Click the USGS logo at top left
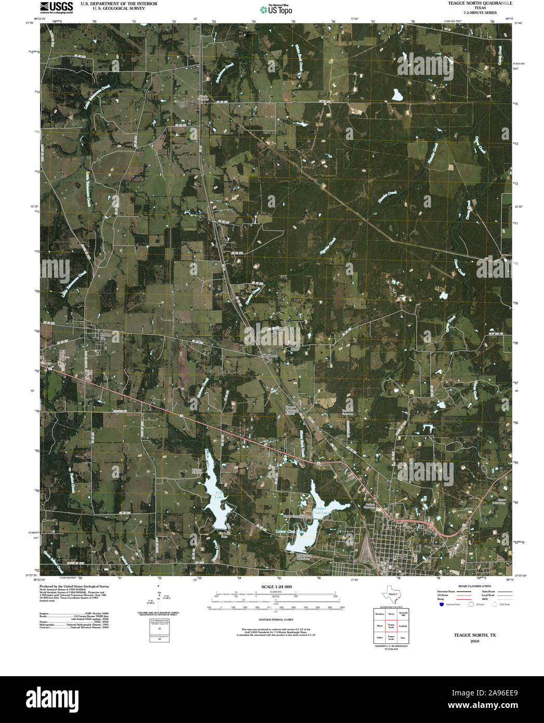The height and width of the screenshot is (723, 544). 57,7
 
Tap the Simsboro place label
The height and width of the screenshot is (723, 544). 269,356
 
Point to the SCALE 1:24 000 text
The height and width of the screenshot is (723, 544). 277,586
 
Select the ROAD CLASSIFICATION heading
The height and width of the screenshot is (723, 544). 472,586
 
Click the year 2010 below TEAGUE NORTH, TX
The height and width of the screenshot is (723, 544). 474,641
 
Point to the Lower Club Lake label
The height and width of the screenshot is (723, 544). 295,532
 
